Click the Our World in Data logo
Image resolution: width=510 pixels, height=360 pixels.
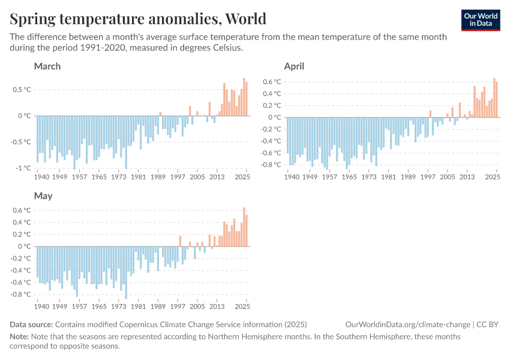[x=481, y=20]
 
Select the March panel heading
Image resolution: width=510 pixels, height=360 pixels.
[x=47, y=66]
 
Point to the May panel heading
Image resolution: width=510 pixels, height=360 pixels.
[x=43, y=196]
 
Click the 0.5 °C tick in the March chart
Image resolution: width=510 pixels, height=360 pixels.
[x=22, y=89]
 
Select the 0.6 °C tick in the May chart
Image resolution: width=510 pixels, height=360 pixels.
[x=22, y=210]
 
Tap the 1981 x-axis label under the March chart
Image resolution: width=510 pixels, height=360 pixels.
[x=139, y=177]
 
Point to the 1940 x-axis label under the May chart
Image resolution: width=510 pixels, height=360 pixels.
[x=41, y=307]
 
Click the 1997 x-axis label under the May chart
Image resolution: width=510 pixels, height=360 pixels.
[x=178, y=307]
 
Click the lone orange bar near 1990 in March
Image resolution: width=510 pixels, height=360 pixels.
[x=160, y=114]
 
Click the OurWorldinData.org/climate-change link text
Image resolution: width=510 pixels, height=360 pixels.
[x=408, y=325]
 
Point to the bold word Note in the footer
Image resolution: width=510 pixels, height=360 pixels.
[x=20, y=337]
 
